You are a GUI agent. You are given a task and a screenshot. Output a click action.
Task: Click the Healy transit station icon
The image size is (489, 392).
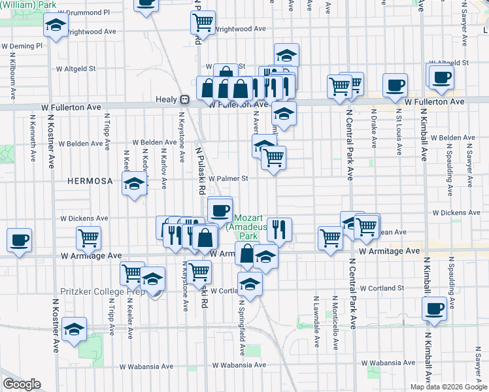tap(185, 99)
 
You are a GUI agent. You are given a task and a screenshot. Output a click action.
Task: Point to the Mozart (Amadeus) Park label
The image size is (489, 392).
tap(246, 225)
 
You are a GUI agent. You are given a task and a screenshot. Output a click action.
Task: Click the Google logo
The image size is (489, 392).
tap(22, 384)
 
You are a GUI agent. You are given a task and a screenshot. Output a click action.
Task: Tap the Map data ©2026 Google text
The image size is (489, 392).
tap(448, 387)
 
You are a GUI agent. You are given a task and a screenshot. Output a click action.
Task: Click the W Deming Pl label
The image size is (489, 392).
tap(22, 46)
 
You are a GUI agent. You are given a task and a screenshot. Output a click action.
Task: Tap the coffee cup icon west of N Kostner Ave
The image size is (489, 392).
tap(19, 239)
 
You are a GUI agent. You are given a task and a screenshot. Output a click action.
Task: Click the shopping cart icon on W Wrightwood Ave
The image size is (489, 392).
tap(203, 22)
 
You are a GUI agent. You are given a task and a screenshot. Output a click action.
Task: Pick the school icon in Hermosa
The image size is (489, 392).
tap(134, 184)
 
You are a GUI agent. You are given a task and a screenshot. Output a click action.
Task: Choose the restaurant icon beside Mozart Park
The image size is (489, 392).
tap(279, 229)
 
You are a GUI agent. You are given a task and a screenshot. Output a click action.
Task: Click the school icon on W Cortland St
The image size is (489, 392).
tap(250, 283)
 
